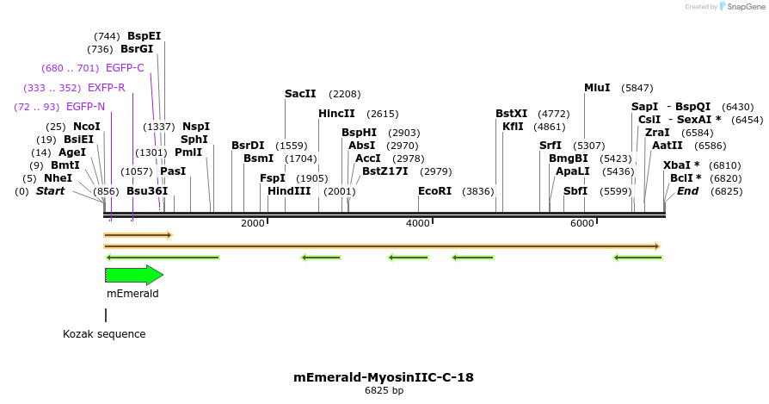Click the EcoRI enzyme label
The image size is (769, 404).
pyautogui.click(x=434, y=191)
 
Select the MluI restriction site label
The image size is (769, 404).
pyautogui.click(x=597, y=88)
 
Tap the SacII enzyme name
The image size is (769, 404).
pyautogui.click(x=300, y=94)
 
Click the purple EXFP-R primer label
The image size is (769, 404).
pyautogui.click(x=106, y=88)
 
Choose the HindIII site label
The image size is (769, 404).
pyautogui.click(x=289, y=191)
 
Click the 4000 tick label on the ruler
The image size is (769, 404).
pyautogui.click(x=418, y=224)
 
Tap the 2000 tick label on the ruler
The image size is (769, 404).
pyautogui.click(x=253, y=224)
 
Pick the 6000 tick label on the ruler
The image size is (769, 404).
pyautogui.click(x=582, y=224)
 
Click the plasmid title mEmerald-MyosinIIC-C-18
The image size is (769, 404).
pyautogui.click(x=384, y=377)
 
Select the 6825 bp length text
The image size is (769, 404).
pyautogui.click(x=384, y=391)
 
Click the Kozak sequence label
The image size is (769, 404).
pyautogui.click(x=104, y=334)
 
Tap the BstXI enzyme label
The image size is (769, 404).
pyautogui.click(x=511, y=114)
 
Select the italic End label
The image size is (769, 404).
pyautogui.click(x=687, y=191)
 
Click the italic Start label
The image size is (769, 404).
pyautogui.click(x=50, y=191)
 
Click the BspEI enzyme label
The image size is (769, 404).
pyautogui.click(x=144, y=36)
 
